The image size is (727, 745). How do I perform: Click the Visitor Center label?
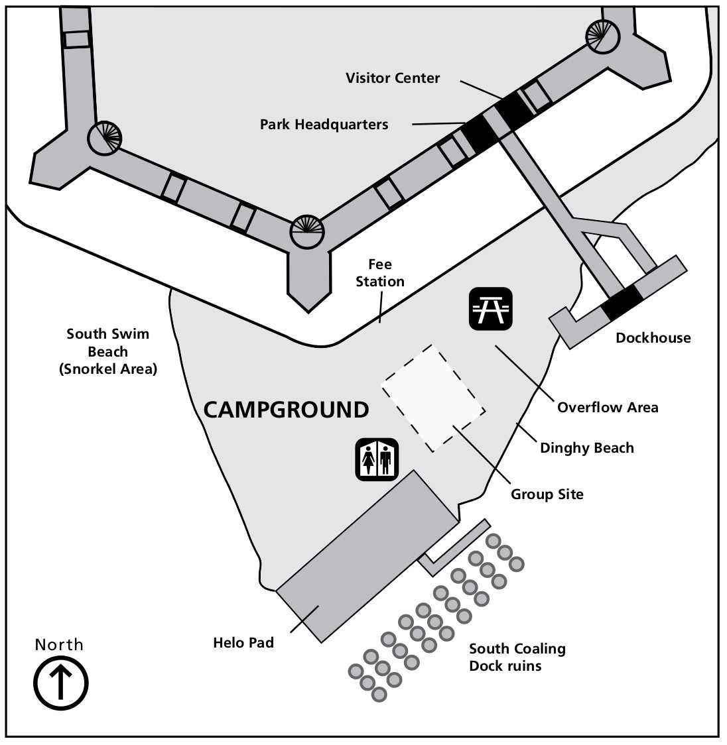point(392,78)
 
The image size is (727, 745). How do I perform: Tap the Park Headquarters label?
point(324,124)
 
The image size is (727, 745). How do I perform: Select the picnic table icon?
point(491,308)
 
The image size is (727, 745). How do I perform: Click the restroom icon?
point(376,458)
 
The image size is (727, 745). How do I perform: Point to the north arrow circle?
point(60,682)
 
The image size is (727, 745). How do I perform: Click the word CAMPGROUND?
point(286,410)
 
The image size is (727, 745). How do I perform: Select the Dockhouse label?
point(653,338)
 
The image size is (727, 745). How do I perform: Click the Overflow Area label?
point(608,407)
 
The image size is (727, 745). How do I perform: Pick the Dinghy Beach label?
point(586,448)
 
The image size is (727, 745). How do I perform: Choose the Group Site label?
point(547,494)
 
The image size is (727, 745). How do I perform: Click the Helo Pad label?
point(243,642)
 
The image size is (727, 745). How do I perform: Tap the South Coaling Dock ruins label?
point(517,657)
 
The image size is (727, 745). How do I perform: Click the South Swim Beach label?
point(107,351)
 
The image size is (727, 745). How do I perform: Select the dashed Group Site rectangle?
point(432,398)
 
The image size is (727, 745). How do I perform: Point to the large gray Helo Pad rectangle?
point(367,555)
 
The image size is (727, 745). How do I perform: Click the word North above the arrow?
point(60,645)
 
